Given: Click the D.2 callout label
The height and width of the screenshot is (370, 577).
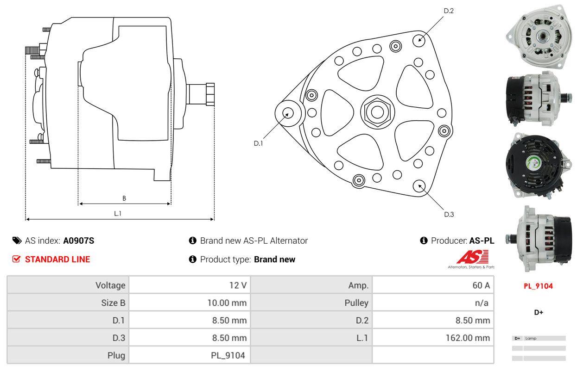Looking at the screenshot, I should click(448, 11).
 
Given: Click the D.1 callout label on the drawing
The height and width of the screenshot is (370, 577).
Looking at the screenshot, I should click(258, 143).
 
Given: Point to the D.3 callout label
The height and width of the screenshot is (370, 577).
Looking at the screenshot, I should click(449, 214).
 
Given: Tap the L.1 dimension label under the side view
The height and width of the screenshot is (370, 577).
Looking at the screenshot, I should click(118, 213).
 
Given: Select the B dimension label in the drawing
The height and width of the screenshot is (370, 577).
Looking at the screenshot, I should click(124, 198).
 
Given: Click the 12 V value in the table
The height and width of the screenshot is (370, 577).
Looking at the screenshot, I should click(238, 285).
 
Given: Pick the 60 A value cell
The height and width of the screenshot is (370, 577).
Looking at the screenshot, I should click(481, 285).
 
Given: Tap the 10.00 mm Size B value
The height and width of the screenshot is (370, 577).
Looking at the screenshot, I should click(227, 303).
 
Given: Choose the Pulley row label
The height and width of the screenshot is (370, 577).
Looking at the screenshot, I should click(356, 303).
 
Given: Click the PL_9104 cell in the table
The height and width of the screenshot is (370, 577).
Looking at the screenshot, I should click(227, 356).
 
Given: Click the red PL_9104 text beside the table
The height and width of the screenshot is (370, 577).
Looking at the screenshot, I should click(538, 286).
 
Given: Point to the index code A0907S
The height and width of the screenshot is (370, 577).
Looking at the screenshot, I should click(79, 240).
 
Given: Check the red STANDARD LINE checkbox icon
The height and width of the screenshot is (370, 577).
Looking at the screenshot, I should click(17, 259).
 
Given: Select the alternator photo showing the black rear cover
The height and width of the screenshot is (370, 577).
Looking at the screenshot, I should click(538, 165).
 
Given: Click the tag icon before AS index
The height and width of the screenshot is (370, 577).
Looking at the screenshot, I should click(17, 240).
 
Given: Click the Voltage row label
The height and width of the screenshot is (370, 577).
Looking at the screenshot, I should click(110, 285).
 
